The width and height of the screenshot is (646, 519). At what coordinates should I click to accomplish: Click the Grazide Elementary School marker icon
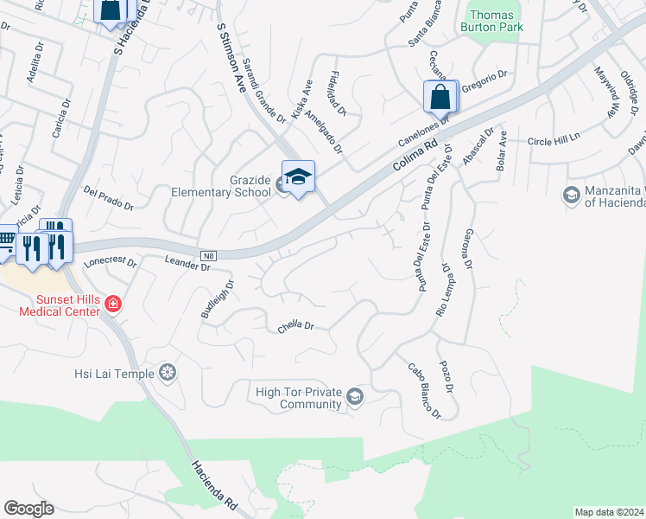tap(298, 177)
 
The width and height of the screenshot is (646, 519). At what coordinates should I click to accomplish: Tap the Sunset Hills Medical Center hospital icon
tap(113, 304)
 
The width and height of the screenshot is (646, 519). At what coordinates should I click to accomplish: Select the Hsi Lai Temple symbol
tap(168, 374)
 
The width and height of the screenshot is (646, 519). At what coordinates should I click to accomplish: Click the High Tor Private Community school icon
tap(354, 398)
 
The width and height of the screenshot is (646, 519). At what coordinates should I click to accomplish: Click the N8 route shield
tap(208, 256)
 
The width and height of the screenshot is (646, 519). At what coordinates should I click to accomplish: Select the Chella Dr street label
tap(295, 327)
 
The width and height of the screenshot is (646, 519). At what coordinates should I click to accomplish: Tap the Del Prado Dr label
tap(108, 199)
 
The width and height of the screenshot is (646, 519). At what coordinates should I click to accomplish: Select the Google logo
tap(28, 509)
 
